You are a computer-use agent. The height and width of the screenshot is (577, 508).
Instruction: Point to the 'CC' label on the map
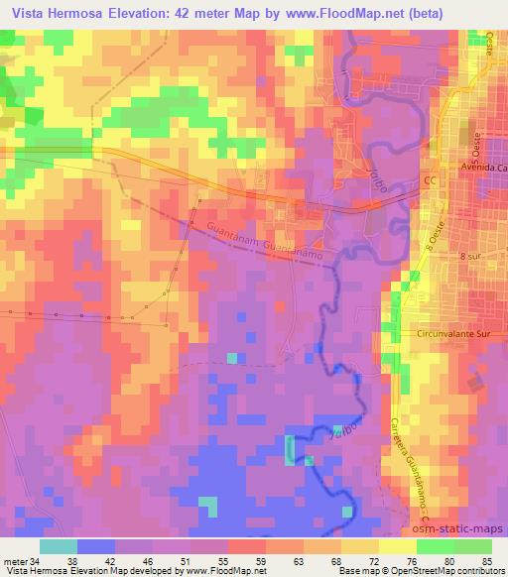pyautogui.click(x=430, y=183)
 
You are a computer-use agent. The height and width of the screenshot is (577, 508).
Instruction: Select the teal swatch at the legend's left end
pyautogui.click(x=58, y=545)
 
